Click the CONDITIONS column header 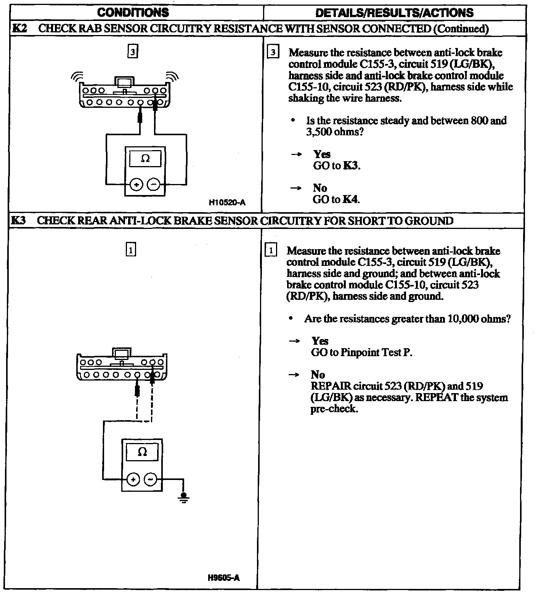coord(133,13)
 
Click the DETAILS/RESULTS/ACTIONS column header coord(394,13)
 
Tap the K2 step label coord(19,29)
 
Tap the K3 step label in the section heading coord(18,221)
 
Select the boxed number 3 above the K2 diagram coord(132,52)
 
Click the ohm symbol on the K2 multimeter coord(145,158)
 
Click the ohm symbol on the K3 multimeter coord(142,452)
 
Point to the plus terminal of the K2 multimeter coord(136,185)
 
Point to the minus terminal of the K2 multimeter coord(154,185)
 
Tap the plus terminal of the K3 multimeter coord(133,479)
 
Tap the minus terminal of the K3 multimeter coord(151,479)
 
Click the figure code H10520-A coord(227,203)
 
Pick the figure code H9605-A coord(224,578)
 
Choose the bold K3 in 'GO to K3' coord(351,166)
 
